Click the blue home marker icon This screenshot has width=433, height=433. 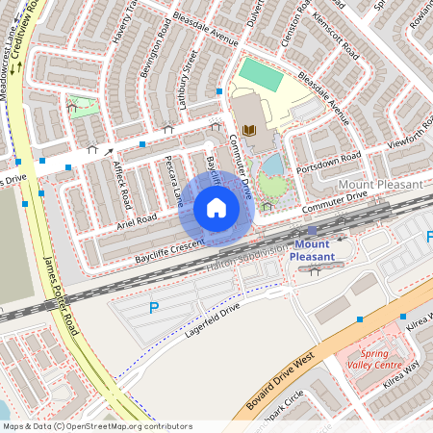pyautogui.click(x=216, y=208)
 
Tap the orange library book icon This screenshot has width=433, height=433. pyautogui.click(x=250, y=129)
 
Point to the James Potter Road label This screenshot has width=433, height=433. pyautogui.click(x=59, y=293)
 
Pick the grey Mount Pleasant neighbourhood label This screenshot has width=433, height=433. pyautogui.click(x=380, y=184)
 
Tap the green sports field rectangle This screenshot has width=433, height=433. pyautogui.click(x=260, y=75)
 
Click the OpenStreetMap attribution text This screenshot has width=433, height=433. pyautogui.click(x=96, y=425)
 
